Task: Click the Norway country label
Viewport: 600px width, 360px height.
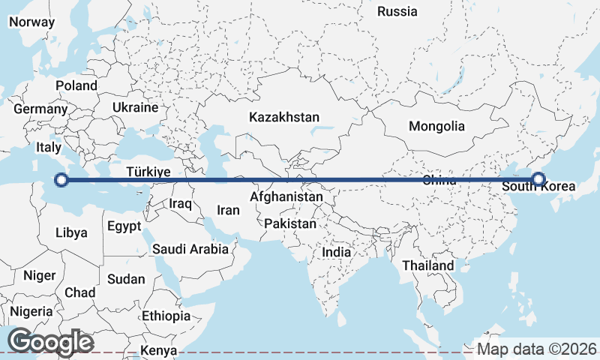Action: click(31, 22)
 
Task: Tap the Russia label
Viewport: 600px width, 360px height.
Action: click(397, 11)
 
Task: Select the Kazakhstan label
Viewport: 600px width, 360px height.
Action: click(284, 117)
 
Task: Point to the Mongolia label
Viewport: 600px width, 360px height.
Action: click(436, 126)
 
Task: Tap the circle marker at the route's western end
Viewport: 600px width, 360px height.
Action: click(62, 180)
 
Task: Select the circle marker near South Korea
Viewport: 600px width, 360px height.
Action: click(538, 178)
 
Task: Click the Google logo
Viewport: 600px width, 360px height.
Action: click(50, 341)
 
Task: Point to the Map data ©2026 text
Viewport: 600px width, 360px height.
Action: click(537, 349)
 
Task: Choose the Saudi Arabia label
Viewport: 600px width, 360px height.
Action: click(190, 249)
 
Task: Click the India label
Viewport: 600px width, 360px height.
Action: click(336, 253)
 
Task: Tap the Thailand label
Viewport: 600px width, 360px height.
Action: click(427, 265)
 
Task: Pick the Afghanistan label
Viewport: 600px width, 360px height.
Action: click(286, 196)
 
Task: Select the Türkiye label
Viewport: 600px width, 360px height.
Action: click(148, 172)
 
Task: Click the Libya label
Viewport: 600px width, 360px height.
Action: click(71, 232)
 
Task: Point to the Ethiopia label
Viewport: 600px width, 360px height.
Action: click(166, 316)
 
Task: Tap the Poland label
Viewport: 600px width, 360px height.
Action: click(76, 85)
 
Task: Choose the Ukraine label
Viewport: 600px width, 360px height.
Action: click(135, 107)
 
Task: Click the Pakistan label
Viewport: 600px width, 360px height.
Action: click(290, 223)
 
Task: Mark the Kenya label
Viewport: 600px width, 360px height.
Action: click(159, 350)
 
